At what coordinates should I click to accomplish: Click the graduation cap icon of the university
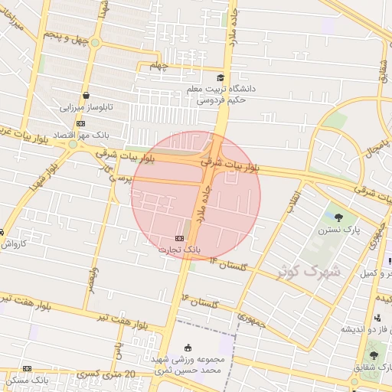[220, 77]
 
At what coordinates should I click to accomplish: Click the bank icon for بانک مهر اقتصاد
[80, 123]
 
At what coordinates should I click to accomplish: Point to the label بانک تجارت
[180, 250]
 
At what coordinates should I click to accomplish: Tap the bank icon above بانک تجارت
[180, 238]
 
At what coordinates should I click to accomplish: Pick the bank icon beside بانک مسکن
[28, 368]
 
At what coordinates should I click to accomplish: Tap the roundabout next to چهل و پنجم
[95, 43]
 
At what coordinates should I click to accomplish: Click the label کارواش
[14, 244]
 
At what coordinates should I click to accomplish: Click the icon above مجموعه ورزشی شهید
[188, 348]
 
